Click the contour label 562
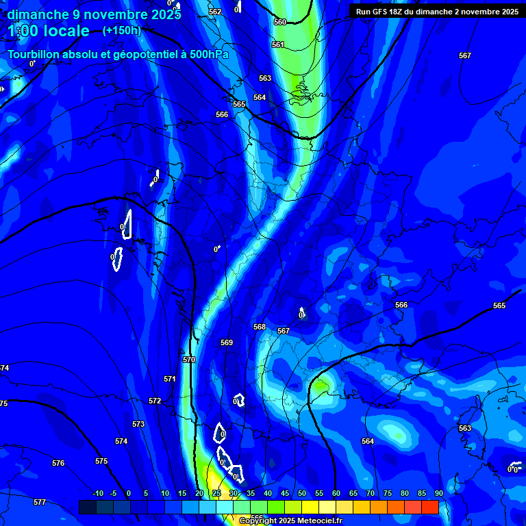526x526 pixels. [x=215, y=12]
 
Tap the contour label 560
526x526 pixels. [x=280, y=22]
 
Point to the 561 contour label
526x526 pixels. [x=277, y=45]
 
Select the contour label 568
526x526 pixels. [x=260, y=327]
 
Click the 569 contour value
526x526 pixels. [x=227, y=342]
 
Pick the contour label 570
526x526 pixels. [x=189, y=360]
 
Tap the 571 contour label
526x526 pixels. [x=170, y=379]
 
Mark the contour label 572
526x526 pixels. [x=155, y=401]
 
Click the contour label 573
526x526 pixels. [x=138, y=424]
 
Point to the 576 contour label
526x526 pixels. [x=58, y=464]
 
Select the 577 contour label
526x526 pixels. [x=40, y=502]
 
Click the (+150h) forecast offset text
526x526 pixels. [x=121, y=30]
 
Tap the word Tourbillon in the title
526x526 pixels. [x=35, y=54]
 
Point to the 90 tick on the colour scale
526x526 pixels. [x=438, y=493]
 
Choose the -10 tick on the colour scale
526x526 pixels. [x=97, y=493]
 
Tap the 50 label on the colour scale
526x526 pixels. [x=302, y=493]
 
